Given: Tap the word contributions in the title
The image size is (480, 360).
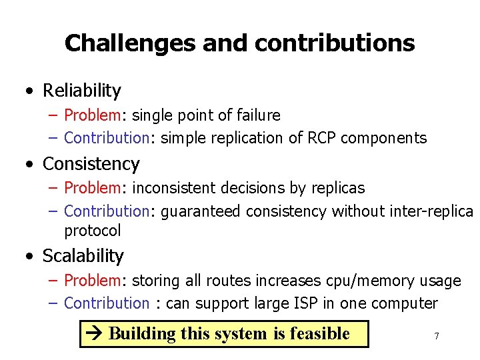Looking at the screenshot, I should (x=335, y=43).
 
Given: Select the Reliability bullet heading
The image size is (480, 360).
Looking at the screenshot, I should (x=82, y=90).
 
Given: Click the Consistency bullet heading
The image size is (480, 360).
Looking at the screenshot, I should (x=91, y=163).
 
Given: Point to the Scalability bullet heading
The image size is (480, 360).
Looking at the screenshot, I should (x=83, y=255).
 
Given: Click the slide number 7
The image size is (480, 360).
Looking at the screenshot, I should (x=437, y=336).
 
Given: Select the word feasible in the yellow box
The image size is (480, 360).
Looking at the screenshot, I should (x=319, y=333).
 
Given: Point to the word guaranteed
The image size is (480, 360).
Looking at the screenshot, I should (x=201, y=211).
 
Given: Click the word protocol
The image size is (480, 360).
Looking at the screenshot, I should (x=93, y=231).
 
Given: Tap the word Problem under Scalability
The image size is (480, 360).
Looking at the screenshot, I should (x=91, y=281).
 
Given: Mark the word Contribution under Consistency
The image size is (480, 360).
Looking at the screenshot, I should (x=107, y=211).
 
